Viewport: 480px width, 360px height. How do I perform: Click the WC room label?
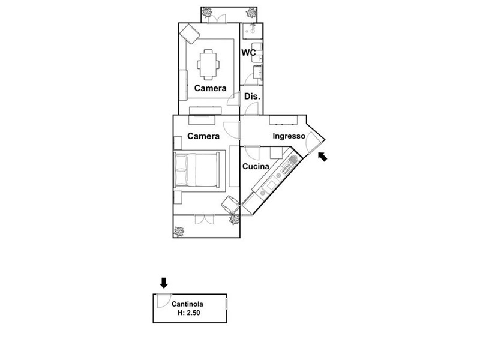click(248, 53)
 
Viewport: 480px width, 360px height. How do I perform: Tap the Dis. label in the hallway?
click(252, 97)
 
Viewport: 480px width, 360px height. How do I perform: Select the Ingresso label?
click(289, 136)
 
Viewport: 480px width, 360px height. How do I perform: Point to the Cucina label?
click(256, 167)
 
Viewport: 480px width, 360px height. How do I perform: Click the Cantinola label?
click(187, 304)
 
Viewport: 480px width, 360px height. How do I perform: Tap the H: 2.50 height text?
click(189, 313)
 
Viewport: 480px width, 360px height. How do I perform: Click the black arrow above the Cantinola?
click(164, 283)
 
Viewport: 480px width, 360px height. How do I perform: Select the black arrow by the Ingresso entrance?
click(323, 157)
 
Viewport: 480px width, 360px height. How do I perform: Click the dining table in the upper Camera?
click(208, 65)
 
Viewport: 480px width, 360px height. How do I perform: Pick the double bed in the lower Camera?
click(197, 170)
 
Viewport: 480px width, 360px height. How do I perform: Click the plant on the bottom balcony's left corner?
click(178, 232)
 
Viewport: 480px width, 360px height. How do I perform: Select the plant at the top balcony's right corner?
click(251, 13)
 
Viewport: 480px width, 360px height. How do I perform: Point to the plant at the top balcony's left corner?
click(207, 13)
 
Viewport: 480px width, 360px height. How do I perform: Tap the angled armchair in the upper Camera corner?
click(190, 34)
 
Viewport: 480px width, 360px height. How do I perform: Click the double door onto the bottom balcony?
click(204, 220)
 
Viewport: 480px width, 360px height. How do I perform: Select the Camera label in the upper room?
click(211, 88)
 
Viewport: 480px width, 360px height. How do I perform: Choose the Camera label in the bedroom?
click(203, 136)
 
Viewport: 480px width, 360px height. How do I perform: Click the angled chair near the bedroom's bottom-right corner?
click(230, 205)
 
